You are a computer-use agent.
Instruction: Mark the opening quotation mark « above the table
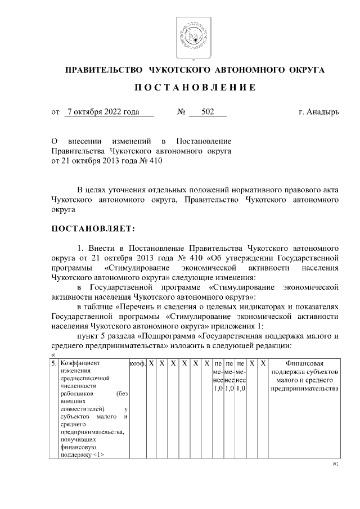click(53, 354)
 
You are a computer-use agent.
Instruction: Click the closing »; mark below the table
click(335, 464)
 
